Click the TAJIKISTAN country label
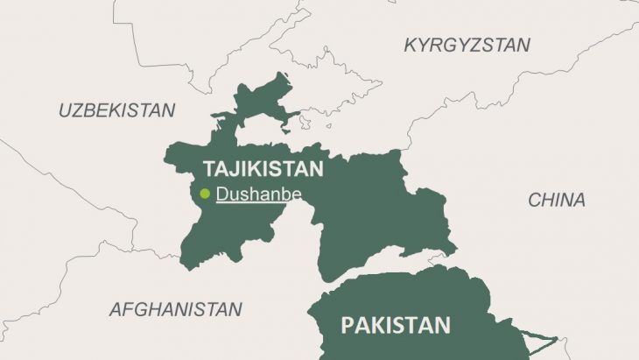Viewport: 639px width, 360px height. pos(263,168)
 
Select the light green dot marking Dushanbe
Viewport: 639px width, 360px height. pos(205,194)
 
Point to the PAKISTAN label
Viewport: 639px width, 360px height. pos(396,326)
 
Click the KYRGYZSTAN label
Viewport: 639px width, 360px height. pos(467,45)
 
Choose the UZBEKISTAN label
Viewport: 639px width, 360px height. pos(116,110)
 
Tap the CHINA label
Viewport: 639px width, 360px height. pos(557,200)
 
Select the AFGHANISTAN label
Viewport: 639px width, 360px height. pos(175,309)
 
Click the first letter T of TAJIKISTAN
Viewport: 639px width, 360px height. pos(208,168)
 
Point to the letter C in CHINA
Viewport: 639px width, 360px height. pos(534,200)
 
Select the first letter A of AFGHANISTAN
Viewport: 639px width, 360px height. pos(115,309)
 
